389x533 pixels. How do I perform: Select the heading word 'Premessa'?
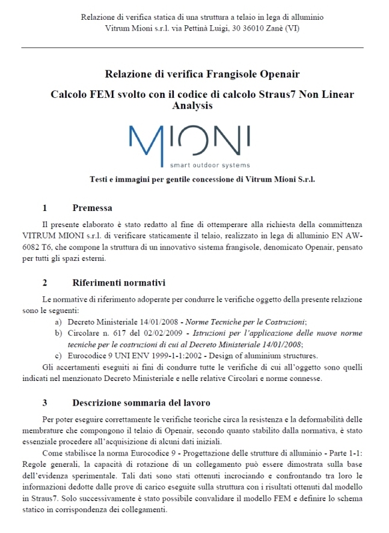(92, 209)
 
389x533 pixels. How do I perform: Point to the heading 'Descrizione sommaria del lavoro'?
(141, 402)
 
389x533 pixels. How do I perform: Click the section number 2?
(45, 282)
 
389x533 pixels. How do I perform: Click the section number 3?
(45, 402)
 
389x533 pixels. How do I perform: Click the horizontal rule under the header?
(194, 47)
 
